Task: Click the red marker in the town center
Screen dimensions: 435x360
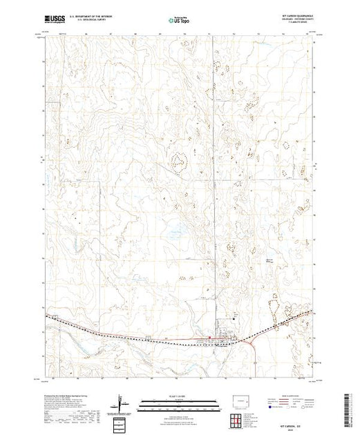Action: point(210,338)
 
